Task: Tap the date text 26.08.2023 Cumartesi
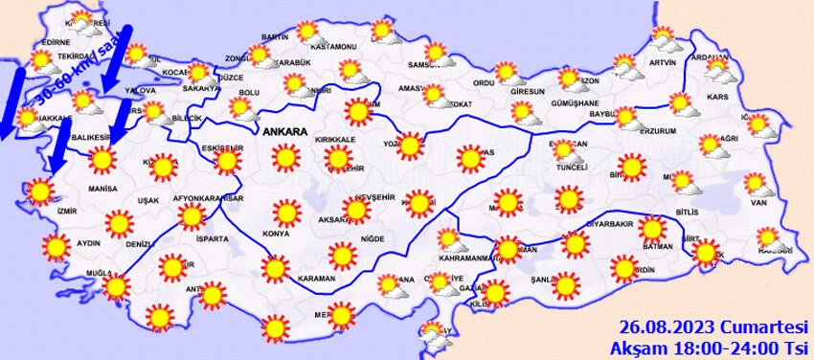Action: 713,325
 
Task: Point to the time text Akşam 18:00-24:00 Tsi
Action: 713,345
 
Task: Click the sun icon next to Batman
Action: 652,230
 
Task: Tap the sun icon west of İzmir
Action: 40,191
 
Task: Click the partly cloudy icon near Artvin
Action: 665,39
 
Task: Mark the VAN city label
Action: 759,202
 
